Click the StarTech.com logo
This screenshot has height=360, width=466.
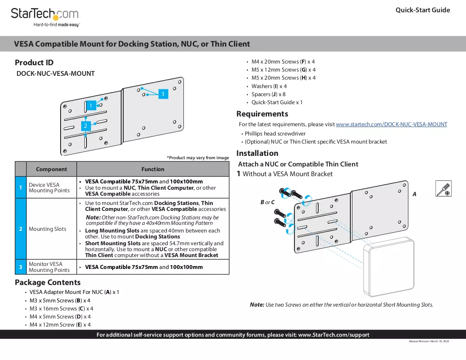(45, 17)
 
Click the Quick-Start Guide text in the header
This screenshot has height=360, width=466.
(423, 10)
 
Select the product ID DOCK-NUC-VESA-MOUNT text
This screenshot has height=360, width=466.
(55, 74)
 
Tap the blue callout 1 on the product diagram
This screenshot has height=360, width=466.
(91, 105)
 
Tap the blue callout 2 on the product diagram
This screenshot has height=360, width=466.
(86, 126)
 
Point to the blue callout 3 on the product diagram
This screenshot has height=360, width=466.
(163, 94)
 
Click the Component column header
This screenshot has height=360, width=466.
(51, 169)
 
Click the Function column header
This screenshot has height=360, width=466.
(153, 169)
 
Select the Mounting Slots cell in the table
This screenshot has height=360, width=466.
(47, 229)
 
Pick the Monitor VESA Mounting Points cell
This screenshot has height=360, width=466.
(49, 267)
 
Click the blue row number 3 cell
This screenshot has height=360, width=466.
(20, 267)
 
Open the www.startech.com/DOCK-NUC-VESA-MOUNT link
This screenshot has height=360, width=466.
(391, 125)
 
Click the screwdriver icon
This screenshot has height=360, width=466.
(444, 188)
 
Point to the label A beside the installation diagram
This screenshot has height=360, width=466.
(414, 194)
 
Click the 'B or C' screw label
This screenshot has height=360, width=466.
(267, 202)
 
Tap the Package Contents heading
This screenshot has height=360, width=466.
(48, 282)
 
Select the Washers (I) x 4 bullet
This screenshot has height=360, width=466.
(269, 86)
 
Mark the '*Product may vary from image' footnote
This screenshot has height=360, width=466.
(198, 158)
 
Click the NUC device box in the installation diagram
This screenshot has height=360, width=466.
(389, 267)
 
